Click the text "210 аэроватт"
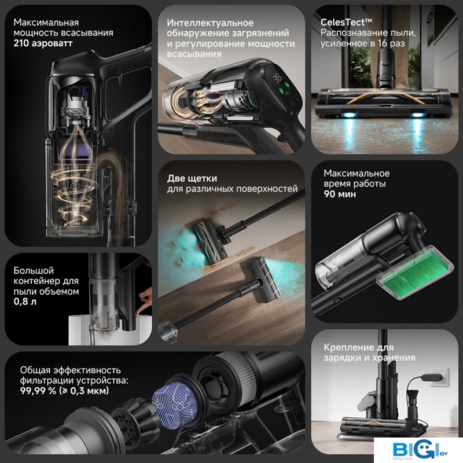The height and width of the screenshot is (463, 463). pos(43,43)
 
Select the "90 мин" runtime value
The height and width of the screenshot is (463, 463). pos(340,194)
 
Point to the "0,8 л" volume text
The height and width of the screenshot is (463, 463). pos(25,302)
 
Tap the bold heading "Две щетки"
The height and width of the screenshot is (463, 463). pos(192,178)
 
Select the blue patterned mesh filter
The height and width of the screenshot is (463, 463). pos(175,404)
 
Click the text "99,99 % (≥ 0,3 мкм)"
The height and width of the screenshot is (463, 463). pos(64,391)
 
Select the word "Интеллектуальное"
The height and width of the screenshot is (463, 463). pos(210,23)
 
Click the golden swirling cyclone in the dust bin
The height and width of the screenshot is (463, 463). pos(75,192)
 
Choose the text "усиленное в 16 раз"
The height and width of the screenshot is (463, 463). pos(363,43)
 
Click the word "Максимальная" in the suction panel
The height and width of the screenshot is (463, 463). pos(46,23)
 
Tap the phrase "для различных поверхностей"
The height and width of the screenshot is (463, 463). pos(232,189)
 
